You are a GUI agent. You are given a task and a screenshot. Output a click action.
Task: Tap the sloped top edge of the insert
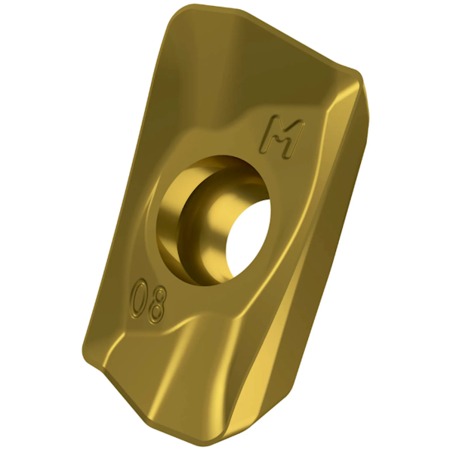point(272,34)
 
